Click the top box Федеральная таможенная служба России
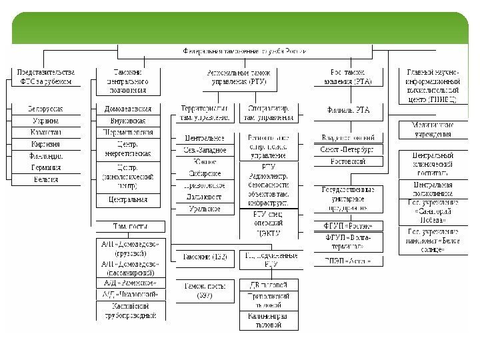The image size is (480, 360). click(245, 50)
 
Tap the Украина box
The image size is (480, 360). click(45, 121)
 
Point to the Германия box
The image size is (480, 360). click(45, 168)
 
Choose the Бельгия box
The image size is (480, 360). click(45, 179)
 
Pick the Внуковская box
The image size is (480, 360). click(129, 121)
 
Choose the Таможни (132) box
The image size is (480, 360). click(205, 257)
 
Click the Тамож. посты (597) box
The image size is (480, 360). click(205, 291)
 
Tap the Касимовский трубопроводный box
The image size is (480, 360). click(129, 311)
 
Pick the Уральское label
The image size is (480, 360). click(205, 209)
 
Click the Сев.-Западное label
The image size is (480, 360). click(205, 150)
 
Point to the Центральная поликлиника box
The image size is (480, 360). click(433, 189)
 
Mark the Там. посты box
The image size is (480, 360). click(129, 225)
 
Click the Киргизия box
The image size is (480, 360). click(45, 144)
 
